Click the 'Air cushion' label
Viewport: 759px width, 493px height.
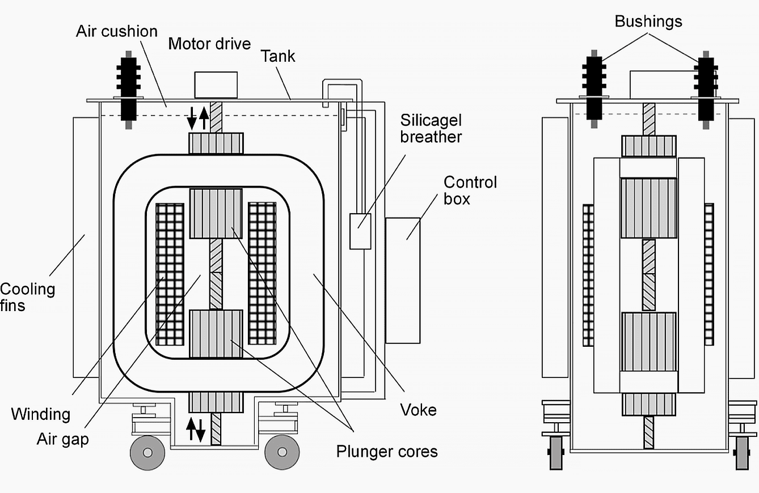[x=116, y=31]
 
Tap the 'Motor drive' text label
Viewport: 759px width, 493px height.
[x=209, y=44]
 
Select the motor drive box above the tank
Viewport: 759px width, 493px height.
[x=216, y=85]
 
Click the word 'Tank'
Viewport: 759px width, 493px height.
[x=278, y=56]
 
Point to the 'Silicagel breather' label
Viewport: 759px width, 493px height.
[x=431, y=129]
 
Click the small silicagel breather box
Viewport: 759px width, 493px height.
[x=360, y=231]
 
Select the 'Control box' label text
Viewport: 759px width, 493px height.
[x=470, y=190]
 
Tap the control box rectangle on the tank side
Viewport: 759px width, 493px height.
[x=403, y=280]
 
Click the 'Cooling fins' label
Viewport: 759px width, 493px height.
[x=27, y=297]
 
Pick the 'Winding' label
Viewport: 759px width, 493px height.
[x=40, y=414]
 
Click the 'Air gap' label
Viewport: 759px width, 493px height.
[x=62, y=439]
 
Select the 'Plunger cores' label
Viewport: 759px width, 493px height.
[x=387, y=451]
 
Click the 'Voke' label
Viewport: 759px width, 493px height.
[x=418, y=410]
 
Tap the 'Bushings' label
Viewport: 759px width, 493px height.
[x=648, y=22]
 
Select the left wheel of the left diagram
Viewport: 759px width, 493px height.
[x=147, y=452]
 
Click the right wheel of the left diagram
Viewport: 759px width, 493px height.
[x=282, y=452]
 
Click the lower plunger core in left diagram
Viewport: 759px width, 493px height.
[x=216, y=334]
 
